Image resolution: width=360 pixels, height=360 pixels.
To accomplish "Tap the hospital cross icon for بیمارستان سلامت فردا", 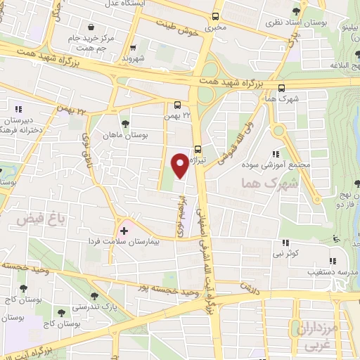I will tap(124, 231).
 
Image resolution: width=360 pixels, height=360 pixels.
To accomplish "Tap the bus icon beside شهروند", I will tap(133, 49).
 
